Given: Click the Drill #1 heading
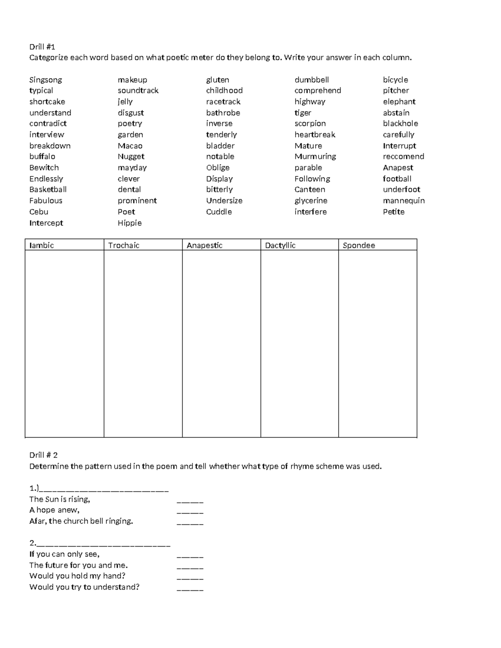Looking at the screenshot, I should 42,47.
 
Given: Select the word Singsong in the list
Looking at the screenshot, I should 46,80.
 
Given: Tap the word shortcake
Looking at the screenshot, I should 47,102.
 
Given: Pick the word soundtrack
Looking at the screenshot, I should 138,91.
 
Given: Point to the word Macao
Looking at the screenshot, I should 130,146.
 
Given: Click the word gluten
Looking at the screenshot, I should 218,80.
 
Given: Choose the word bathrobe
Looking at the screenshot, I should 223,113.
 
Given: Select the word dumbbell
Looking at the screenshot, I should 312,80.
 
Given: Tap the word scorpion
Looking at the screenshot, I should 310,124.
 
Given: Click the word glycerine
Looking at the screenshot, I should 311,201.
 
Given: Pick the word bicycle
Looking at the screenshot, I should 395,80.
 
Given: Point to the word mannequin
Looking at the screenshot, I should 404,201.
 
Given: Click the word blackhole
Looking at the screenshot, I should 400,124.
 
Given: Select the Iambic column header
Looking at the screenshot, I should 42,245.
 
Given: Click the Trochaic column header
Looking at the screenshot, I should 124,245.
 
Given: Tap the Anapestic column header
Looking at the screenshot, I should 205,245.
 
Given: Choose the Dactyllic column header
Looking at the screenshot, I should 280,245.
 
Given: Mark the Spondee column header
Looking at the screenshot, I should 359,245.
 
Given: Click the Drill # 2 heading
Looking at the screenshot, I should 43,455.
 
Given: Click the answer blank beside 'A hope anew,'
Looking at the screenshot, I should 190,511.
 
